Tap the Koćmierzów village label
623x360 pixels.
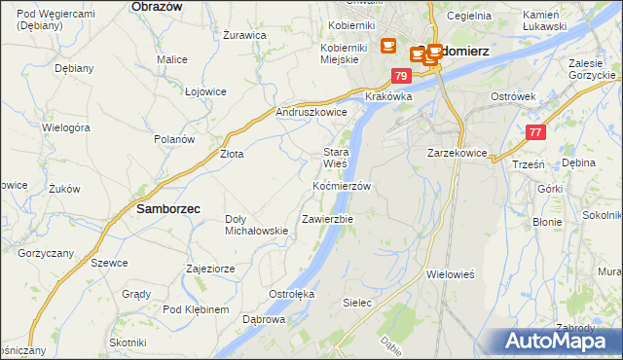coord(342,185)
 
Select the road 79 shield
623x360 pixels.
coord(400,76)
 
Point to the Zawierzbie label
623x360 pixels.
coord(328,219)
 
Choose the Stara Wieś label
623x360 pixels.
coord(336,158)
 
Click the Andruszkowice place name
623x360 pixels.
coord(311,112)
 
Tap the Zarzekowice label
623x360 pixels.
coord(457,153)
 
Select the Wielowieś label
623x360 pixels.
coord(450,274)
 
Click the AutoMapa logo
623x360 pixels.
coord(563,342)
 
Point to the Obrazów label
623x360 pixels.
coord(158,6)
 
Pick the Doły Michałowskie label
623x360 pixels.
coord(256,225)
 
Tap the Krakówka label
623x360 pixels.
coord(389,97)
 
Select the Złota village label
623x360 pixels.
coord(231,154)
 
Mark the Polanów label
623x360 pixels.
coord(174,139)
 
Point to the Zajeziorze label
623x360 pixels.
coord(211,268)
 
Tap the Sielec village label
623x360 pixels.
coord(357,303)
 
